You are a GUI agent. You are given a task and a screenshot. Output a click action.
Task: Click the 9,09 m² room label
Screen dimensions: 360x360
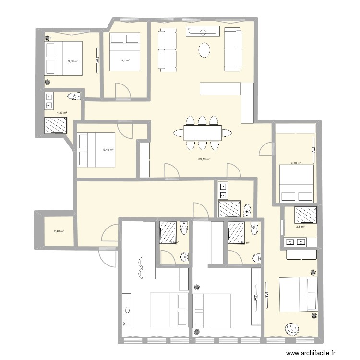(73, 61)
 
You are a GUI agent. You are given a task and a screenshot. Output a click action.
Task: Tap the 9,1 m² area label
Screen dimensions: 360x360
(125, 60)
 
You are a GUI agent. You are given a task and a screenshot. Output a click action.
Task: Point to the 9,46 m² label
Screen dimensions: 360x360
(108, 150)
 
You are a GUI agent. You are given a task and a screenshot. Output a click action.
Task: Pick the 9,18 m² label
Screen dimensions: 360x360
(295, 163)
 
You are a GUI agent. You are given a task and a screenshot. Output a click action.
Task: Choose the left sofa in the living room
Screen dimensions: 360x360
(168, 49)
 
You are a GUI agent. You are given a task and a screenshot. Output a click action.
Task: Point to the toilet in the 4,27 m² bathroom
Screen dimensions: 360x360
(72, 97)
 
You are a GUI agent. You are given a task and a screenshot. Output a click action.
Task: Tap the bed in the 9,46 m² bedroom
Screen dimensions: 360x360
(96, 149)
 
